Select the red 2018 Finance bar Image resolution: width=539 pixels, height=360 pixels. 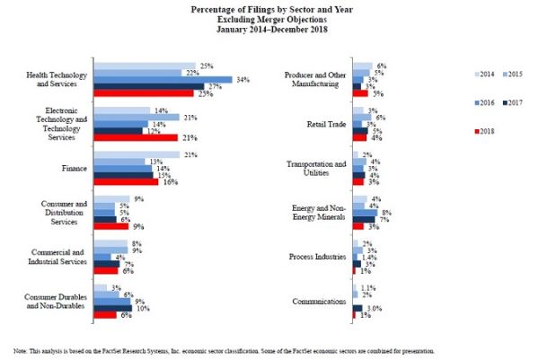pos(127,182)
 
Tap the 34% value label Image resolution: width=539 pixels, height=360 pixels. pos(242,80)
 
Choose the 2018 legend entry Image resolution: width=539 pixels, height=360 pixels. pos(485,132)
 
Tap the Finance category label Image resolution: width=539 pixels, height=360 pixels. pos(73,168)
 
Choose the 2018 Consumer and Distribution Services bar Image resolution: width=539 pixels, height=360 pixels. pos(112,226)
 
